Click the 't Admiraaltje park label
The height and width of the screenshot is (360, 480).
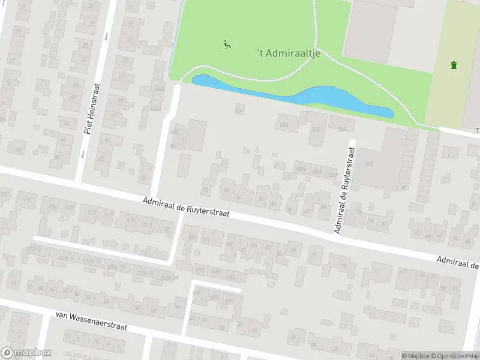(290, 53)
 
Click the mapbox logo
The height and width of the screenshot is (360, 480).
(26, 353)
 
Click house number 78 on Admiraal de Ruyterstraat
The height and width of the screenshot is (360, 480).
(206, 190)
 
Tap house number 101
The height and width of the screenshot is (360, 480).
(206, 241)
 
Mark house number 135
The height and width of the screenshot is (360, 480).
(26, 200)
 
